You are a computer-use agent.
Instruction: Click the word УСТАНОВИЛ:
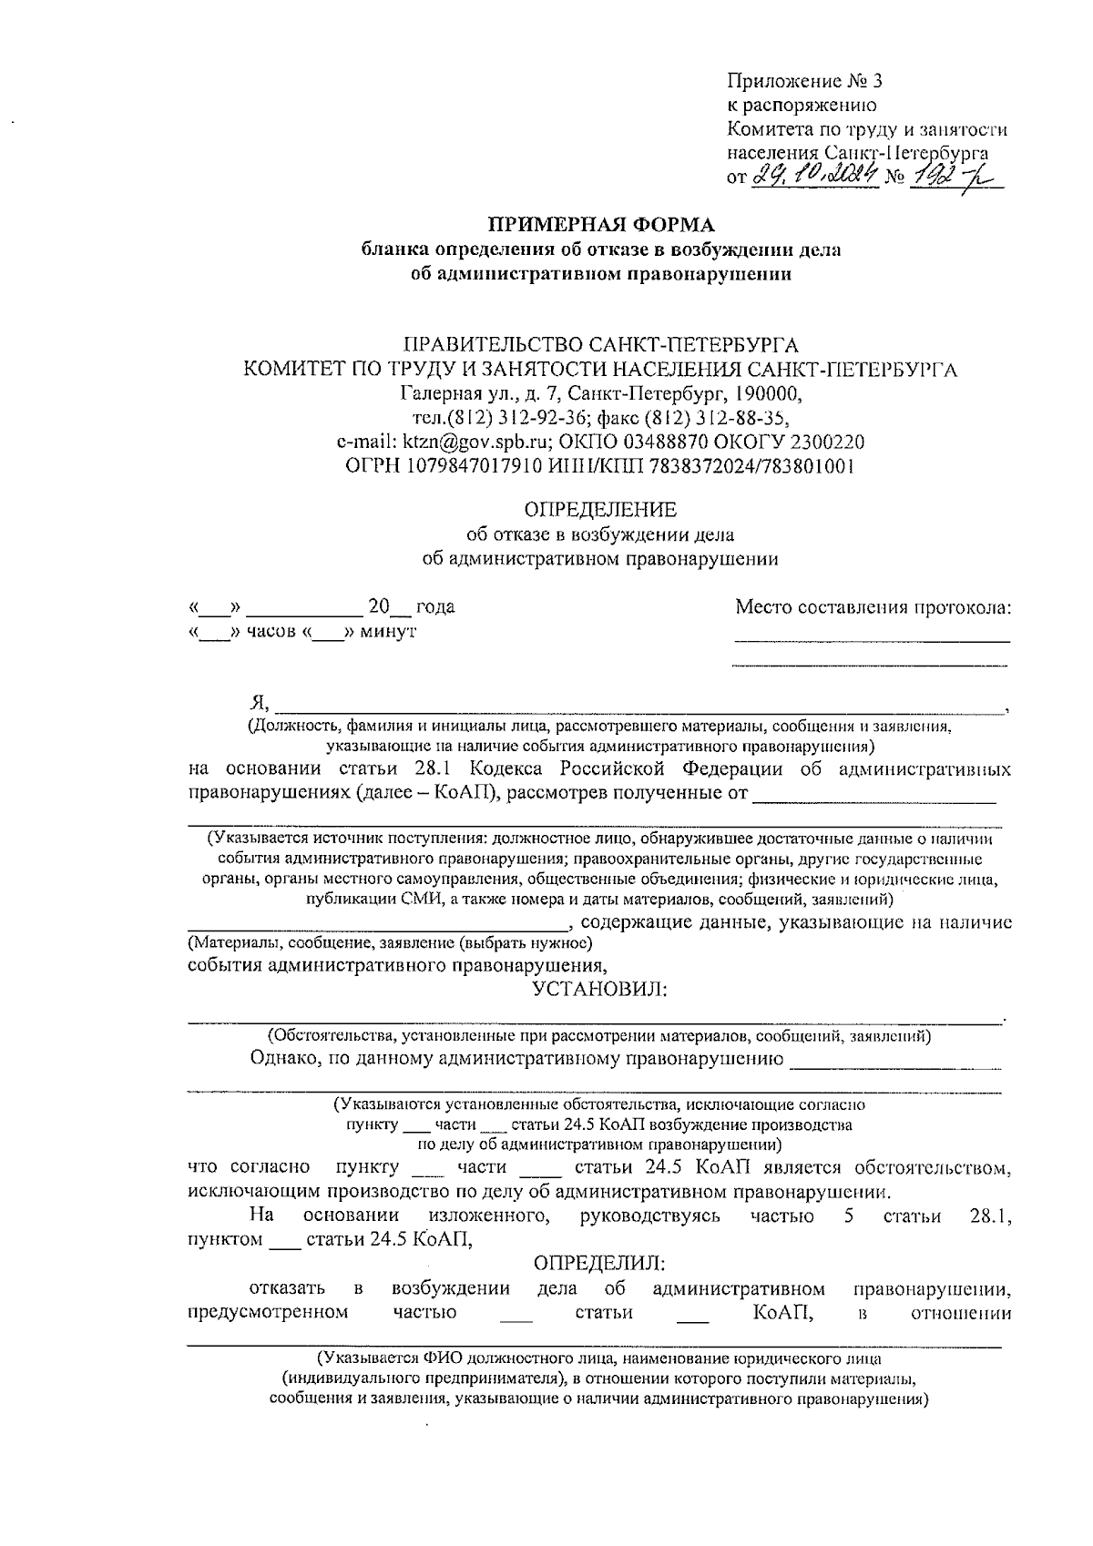pos(600,988)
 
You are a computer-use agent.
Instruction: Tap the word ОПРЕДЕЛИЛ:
pos(600,1264)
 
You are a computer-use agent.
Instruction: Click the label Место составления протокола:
pos(873,607)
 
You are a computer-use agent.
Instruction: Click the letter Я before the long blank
pos(258,702)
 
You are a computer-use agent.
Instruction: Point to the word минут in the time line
pos(388,631)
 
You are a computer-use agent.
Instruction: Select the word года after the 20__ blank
pos(434,607)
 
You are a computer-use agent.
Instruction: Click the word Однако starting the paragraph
pos(281,1058)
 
